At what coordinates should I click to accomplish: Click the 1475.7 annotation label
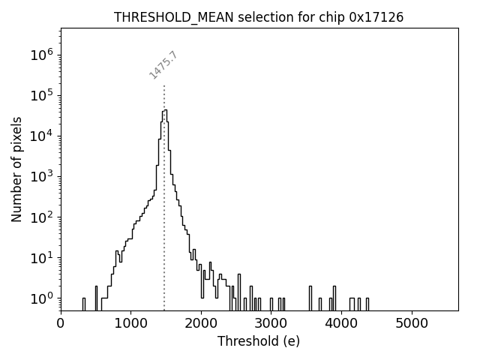tap(163, 65)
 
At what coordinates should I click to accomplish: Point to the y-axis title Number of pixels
tap(16, 169)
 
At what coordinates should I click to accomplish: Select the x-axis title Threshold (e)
tap(259, 341)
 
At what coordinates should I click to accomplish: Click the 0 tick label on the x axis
tap(61, 323)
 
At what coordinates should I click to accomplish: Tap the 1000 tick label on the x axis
tap(131, 323)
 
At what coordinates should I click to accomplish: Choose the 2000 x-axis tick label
tap(201, 323)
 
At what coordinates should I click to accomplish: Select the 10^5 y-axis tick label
tap(41, 96)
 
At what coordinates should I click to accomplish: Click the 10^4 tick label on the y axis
tap(41, 136)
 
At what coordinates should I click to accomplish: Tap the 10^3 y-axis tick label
tap(41, 177)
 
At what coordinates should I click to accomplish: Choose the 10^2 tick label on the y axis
tap(41, 217)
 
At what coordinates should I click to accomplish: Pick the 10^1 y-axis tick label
tap(41, 258)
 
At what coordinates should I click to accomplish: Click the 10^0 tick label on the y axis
tap(41, 298)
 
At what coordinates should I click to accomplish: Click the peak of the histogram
tap(165, 111)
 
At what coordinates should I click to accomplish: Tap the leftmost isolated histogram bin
tap(84, 304)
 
